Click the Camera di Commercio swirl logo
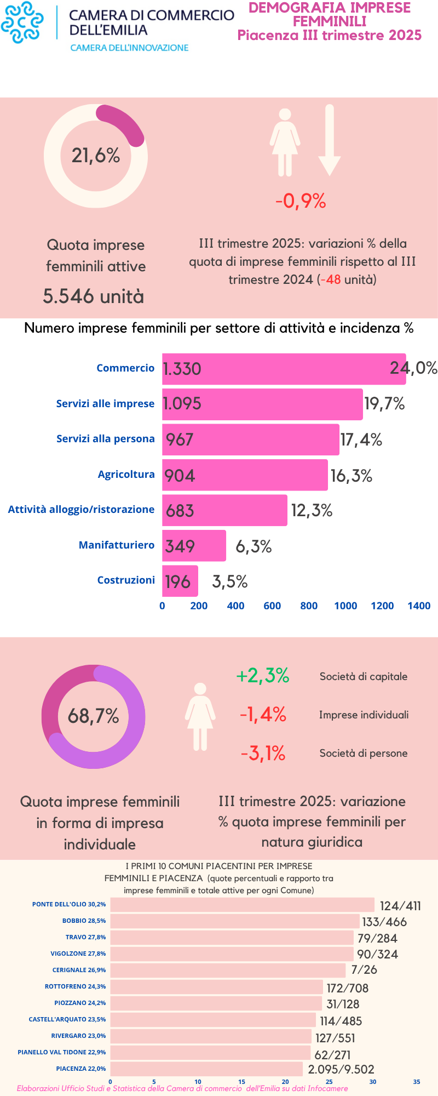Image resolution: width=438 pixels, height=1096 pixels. click(22, 23)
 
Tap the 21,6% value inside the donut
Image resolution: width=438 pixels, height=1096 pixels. click(96, 156)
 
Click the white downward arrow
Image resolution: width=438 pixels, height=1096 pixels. click(329, 140)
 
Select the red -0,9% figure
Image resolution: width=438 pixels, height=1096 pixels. click(301, 201)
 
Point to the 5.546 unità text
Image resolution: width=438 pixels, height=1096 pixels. click(94, 296)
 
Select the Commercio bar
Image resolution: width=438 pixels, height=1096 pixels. click(284, 369)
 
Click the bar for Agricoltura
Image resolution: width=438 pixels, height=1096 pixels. click(245, 475)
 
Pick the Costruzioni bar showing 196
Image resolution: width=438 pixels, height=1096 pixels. click(180, 581)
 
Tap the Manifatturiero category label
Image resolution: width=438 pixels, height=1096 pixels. click(117, 545)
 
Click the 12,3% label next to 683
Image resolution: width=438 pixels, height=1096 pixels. click(312, 511)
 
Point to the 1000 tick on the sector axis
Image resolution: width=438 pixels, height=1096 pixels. click(345, 606)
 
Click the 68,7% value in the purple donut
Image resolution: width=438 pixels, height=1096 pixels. click(93, 716)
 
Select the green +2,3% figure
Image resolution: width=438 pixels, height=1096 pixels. click(262, 676)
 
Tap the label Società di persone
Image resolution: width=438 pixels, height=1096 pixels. click(364, 753)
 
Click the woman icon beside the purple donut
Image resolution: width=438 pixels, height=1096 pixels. click(200, 716)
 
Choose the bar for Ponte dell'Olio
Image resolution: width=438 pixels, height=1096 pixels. click(242, 905)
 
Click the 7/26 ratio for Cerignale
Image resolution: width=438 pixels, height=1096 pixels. click(364, 969)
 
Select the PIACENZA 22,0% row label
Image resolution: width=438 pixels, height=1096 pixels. click(80, 1068)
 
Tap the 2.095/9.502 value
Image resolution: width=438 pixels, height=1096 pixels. click(341, 1069)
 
